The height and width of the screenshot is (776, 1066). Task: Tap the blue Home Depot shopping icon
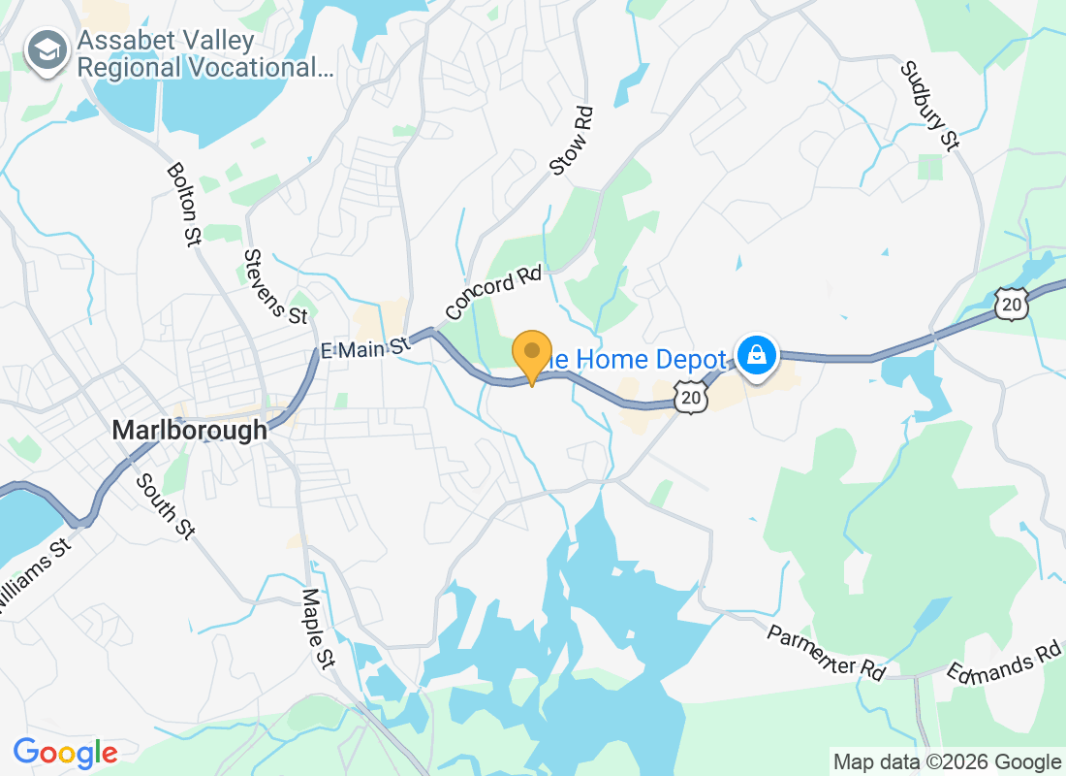(x=755, y=356)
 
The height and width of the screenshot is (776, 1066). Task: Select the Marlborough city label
(x=189, y=430)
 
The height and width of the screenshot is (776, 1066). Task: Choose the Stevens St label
(x=275, y=286)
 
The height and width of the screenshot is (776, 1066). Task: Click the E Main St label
(x=364, y=347)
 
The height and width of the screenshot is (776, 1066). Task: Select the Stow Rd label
(x=571, y=142)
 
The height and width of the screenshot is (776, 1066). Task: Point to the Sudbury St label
(x=929, y=106)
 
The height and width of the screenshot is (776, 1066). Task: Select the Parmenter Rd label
(x=826, y=651)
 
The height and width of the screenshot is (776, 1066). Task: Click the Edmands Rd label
(x=1004, y=662)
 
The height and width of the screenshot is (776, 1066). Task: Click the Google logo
(x=66, y=752)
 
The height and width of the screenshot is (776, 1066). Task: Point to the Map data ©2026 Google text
(x=947, y=761)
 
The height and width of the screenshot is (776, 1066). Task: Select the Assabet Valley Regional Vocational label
(x=204, y=54)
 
